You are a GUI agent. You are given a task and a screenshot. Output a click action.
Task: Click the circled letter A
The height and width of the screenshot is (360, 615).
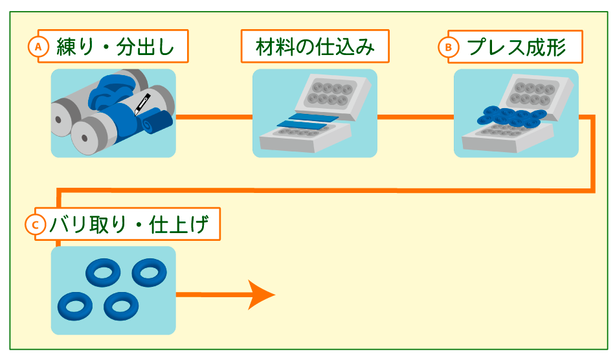tap(39, 47)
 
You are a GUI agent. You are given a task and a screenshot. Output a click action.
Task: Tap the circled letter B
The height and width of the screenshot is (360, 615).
tap(448, 47)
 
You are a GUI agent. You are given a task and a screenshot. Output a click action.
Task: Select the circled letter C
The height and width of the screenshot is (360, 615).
tap(35, 225)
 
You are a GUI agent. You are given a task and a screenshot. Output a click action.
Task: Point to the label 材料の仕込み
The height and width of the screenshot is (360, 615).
tap(315, 46)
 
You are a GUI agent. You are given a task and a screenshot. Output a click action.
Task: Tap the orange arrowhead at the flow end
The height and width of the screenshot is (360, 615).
tap(262, 295)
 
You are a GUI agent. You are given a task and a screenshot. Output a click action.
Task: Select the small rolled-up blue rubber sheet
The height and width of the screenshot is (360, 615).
tap(158, 122)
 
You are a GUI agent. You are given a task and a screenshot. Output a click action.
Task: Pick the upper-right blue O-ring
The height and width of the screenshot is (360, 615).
tap(149, 272)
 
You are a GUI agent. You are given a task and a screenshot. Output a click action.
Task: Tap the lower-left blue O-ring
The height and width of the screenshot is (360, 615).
tap(74, 306)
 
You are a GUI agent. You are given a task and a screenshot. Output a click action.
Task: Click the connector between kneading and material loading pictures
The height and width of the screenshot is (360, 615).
tap(214, 117)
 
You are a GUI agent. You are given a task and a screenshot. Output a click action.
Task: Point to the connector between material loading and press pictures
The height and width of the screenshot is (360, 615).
tap(415, 117)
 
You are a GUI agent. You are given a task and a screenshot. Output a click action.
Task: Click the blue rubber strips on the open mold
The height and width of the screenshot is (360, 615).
tap(306, 122)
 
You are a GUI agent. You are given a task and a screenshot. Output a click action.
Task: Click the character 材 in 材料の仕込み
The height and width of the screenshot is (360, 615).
tap(264, 47)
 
